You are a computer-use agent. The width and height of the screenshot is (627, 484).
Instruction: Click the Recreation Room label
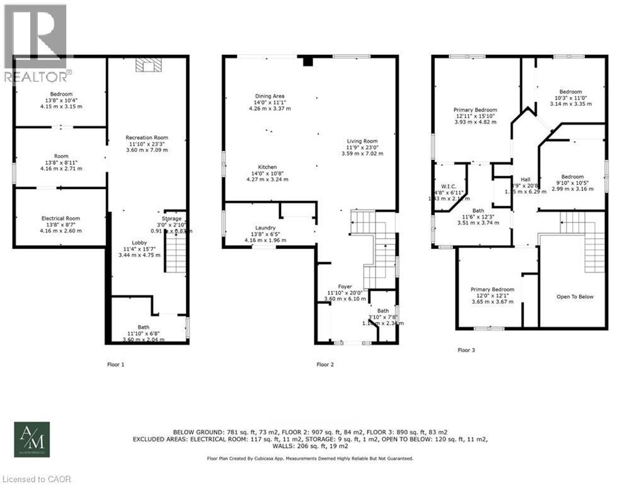tap(146, 137)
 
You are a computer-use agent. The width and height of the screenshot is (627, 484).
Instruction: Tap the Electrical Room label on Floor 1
tap(60, 218)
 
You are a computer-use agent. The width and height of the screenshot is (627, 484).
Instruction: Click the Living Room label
tap(362, 141)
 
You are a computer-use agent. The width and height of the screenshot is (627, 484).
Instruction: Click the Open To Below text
tap(575, 296)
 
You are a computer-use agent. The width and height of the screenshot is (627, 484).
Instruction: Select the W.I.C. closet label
tap(448, 186)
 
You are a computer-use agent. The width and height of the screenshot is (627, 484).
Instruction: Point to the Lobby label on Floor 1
tap(139, 243)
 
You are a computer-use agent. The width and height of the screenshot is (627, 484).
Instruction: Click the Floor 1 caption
tap(116, 364)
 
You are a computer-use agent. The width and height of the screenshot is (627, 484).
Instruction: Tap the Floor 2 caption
tap(325, 364)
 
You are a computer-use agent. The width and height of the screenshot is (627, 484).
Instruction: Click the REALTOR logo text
tap(36, 77)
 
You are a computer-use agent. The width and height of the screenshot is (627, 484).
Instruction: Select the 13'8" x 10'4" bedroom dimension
tap(60, 100)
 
